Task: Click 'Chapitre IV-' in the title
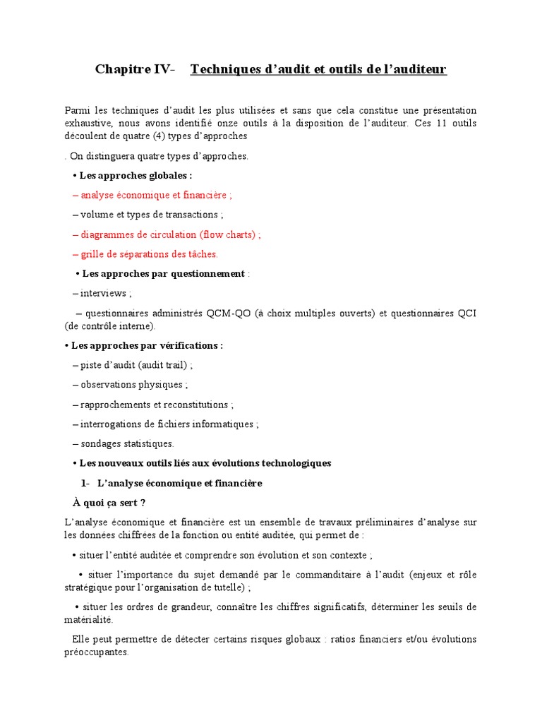134,69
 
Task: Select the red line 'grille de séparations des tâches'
149,254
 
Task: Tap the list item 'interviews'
104,293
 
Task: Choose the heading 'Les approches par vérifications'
147,346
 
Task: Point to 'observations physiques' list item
132,386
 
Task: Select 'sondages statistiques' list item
126,444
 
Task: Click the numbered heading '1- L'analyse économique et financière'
171,484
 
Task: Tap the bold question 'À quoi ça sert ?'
109,503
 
